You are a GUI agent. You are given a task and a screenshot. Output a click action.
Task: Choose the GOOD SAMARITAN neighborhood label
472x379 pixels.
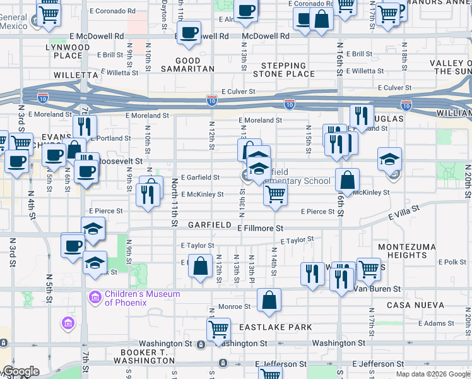(187, 65)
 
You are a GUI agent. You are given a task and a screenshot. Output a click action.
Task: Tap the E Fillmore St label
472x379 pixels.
(261, 227)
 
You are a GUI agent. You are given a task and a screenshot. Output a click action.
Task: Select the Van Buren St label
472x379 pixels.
(377, 289)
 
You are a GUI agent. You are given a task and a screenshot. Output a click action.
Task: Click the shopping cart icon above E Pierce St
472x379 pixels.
(275, 196)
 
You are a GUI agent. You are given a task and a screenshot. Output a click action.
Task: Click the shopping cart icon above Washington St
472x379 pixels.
(218, 329)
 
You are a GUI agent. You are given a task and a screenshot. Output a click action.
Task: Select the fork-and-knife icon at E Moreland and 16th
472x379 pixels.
(362, 116)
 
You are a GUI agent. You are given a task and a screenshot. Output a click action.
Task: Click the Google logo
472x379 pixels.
(21, 372)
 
